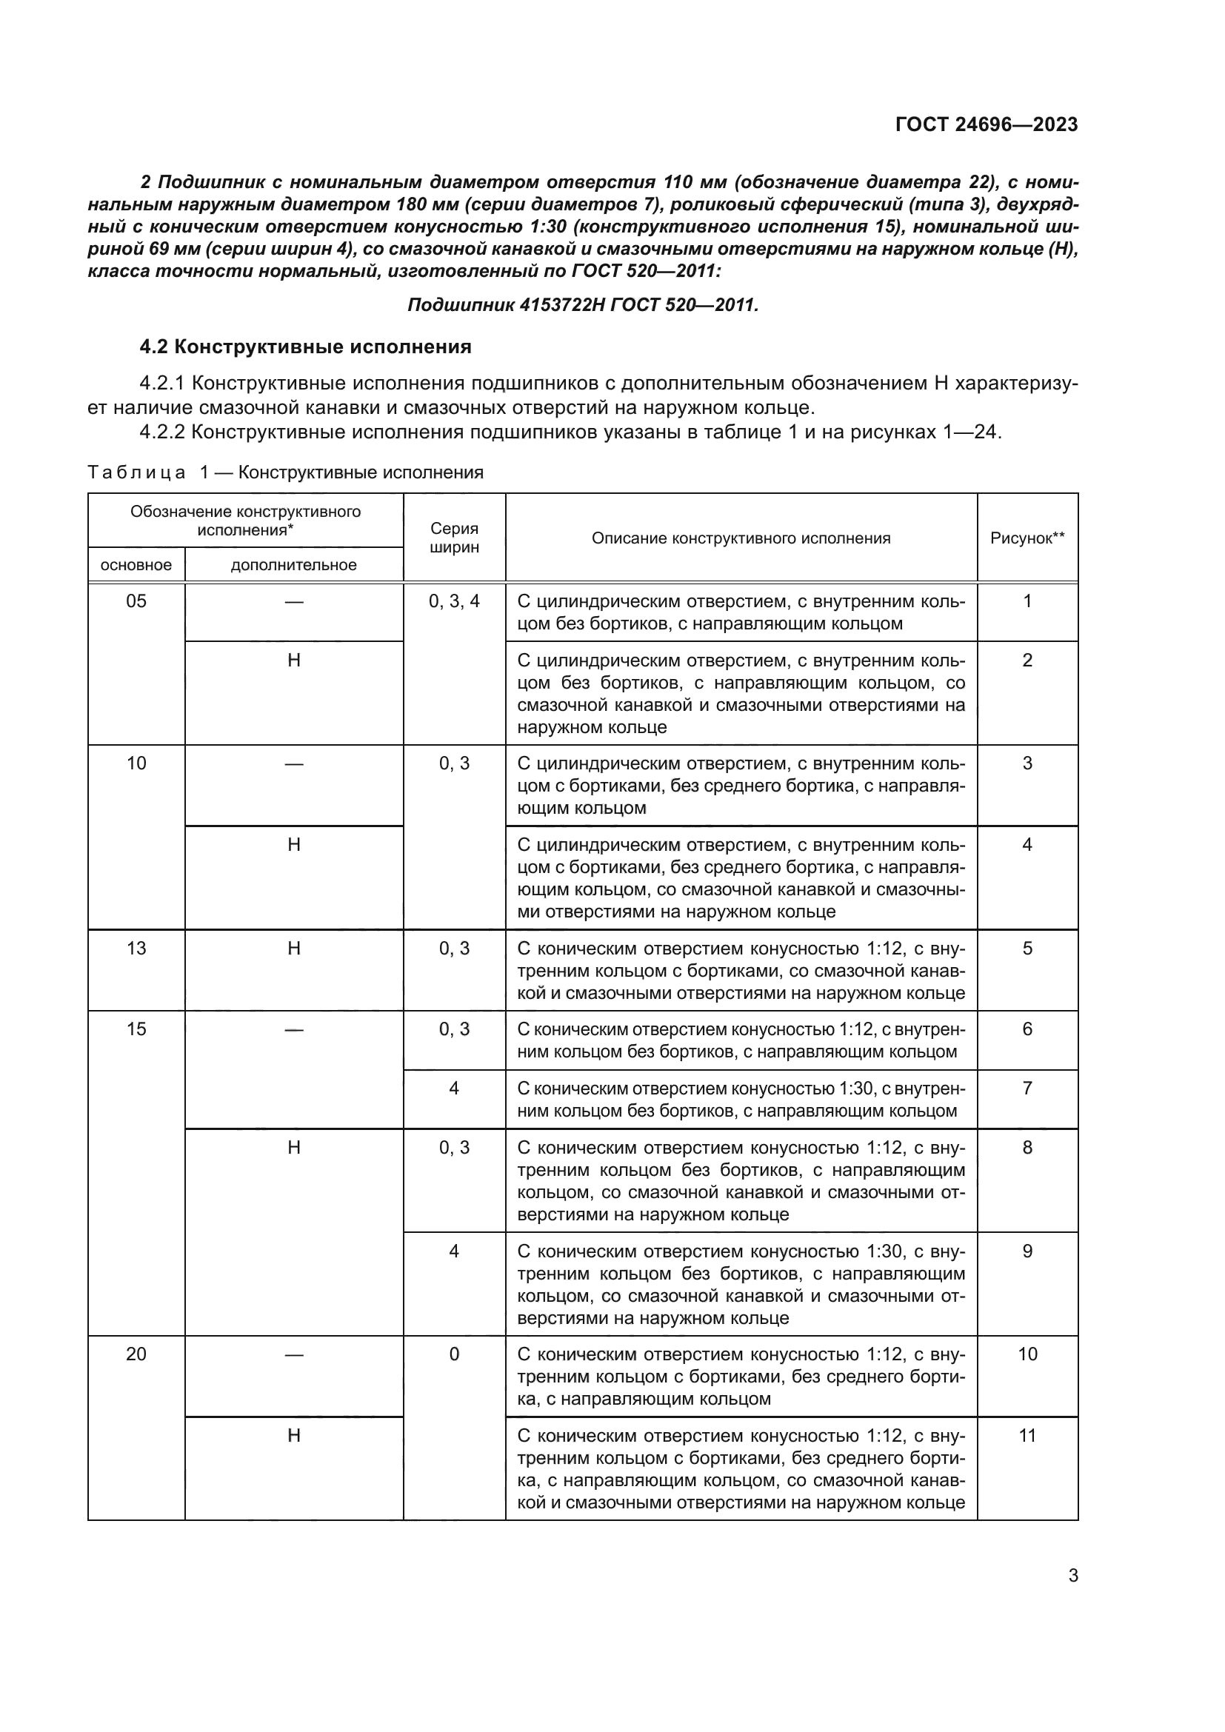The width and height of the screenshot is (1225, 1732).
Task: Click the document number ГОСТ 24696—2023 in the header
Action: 986,124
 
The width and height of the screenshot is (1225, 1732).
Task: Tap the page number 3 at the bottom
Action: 1072,1576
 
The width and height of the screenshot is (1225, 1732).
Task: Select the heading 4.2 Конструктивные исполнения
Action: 305,347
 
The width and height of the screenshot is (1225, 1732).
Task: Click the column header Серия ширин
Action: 454,538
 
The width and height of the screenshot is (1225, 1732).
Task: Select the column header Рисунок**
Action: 1027,538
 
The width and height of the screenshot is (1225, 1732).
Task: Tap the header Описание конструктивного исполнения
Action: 741,538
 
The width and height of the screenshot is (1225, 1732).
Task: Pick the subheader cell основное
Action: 136,565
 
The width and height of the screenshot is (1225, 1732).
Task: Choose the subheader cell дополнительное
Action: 293,565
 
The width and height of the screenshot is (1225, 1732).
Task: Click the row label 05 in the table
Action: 136,601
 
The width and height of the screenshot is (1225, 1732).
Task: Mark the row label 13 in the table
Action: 136,949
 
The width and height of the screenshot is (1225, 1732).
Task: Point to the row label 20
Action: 136,1354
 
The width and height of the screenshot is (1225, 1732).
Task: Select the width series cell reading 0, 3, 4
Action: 454,601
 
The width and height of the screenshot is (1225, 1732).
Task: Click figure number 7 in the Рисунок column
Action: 1027,1089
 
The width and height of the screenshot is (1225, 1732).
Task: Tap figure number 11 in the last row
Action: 1027,1436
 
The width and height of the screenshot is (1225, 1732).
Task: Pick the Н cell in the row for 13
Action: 294,949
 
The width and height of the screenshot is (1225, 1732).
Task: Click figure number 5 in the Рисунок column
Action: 1027,949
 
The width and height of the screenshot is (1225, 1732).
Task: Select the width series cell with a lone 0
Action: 454,1354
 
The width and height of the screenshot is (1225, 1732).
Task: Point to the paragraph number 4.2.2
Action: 163,432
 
